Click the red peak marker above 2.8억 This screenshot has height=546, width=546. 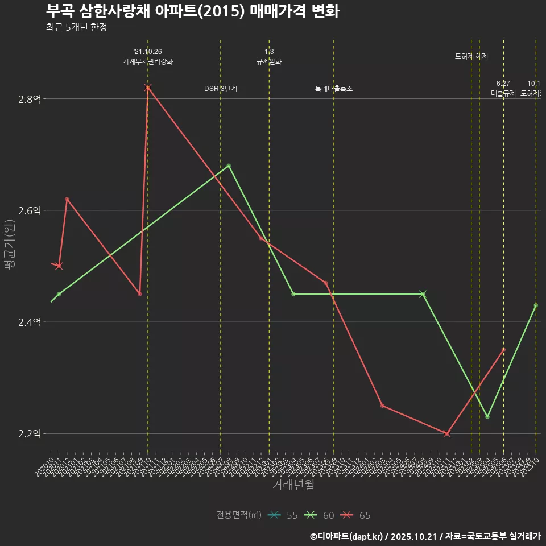coord(148,87)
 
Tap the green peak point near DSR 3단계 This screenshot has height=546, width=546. coord(229,166)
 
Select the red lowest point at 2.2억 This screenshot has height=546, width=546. coord(446,433)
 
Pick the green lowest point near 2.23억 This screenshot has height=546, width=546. coord(487,417)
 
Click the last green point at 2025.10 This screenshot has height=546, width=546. coord(536,305)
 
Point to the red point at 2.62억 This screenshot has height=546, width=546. coord(67,199)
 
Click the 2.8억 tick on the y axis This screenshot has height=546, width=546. coord(30,99)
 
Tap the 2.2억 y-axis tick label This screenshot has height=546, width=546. coord(30,433)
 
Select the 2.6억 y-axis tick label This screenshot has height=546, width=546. coord(30,210)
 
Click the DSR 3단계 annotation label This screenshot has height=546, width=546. coord(221,89)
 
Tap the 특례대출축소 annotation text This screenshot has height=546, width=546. coord(334,89)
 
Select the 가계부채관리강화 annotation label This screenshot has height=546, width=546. coord(148,61)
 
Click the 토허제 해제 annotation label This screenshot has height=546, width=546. coord(471,56)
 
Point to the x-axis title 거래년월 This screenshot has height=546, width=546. coord(293,485)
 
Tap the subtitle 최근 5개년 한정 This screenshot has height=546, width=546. coord(76,27)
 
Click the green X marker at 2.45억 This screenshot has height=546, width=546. coord(423,294)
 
